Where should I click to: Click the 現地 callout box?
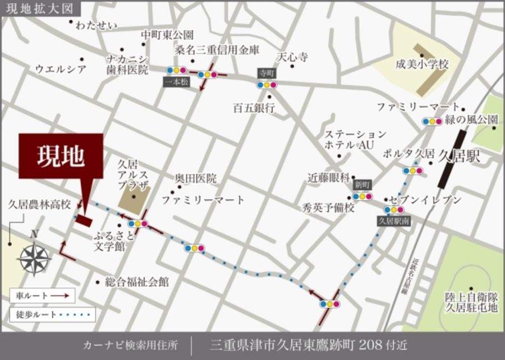[61, 156]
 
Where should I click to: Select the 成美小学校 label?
[421, 64]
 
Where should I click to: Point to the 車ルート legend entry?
[43, 294]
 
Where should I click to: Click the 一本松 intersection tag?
[177, 82]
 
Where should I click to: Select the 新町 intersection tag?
[361, 184]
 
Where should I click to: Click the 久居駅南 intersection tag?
[394, 221]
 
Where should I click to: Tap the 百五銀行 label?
[254, 108]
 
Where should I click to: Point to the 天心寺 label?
[292, 57]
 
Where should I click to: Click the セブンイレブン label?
[428, 200]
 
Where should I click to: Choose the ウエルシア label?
[61, 70]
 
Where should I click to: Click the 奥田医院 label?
[196, 179]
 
